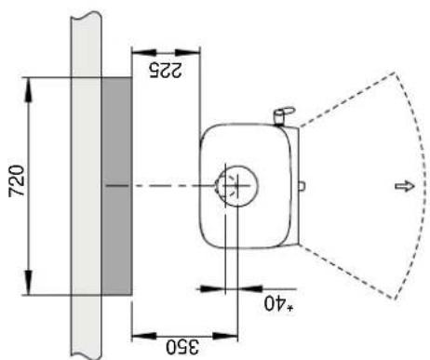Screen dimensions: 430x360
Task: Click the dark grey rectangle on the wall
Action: [x=115, y=185]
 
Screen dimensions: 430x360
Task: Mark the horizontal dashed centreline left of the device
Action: [x=158, y=185]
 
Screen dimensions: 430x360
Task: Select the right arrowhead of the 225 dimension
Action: [x=195, y=49]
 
